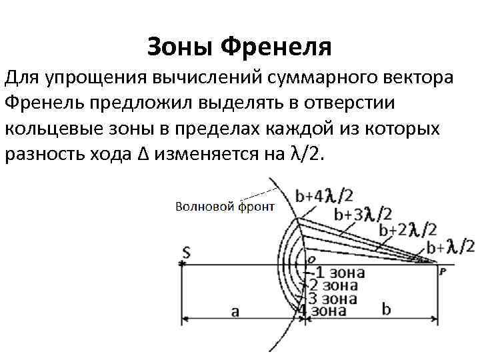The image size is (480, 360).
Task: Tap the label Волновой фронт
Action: (224, 207)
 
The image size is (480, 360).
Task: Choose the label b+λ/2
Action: (451, 248)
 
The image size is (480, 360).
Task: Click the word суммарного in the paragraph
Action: (323, 78)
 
